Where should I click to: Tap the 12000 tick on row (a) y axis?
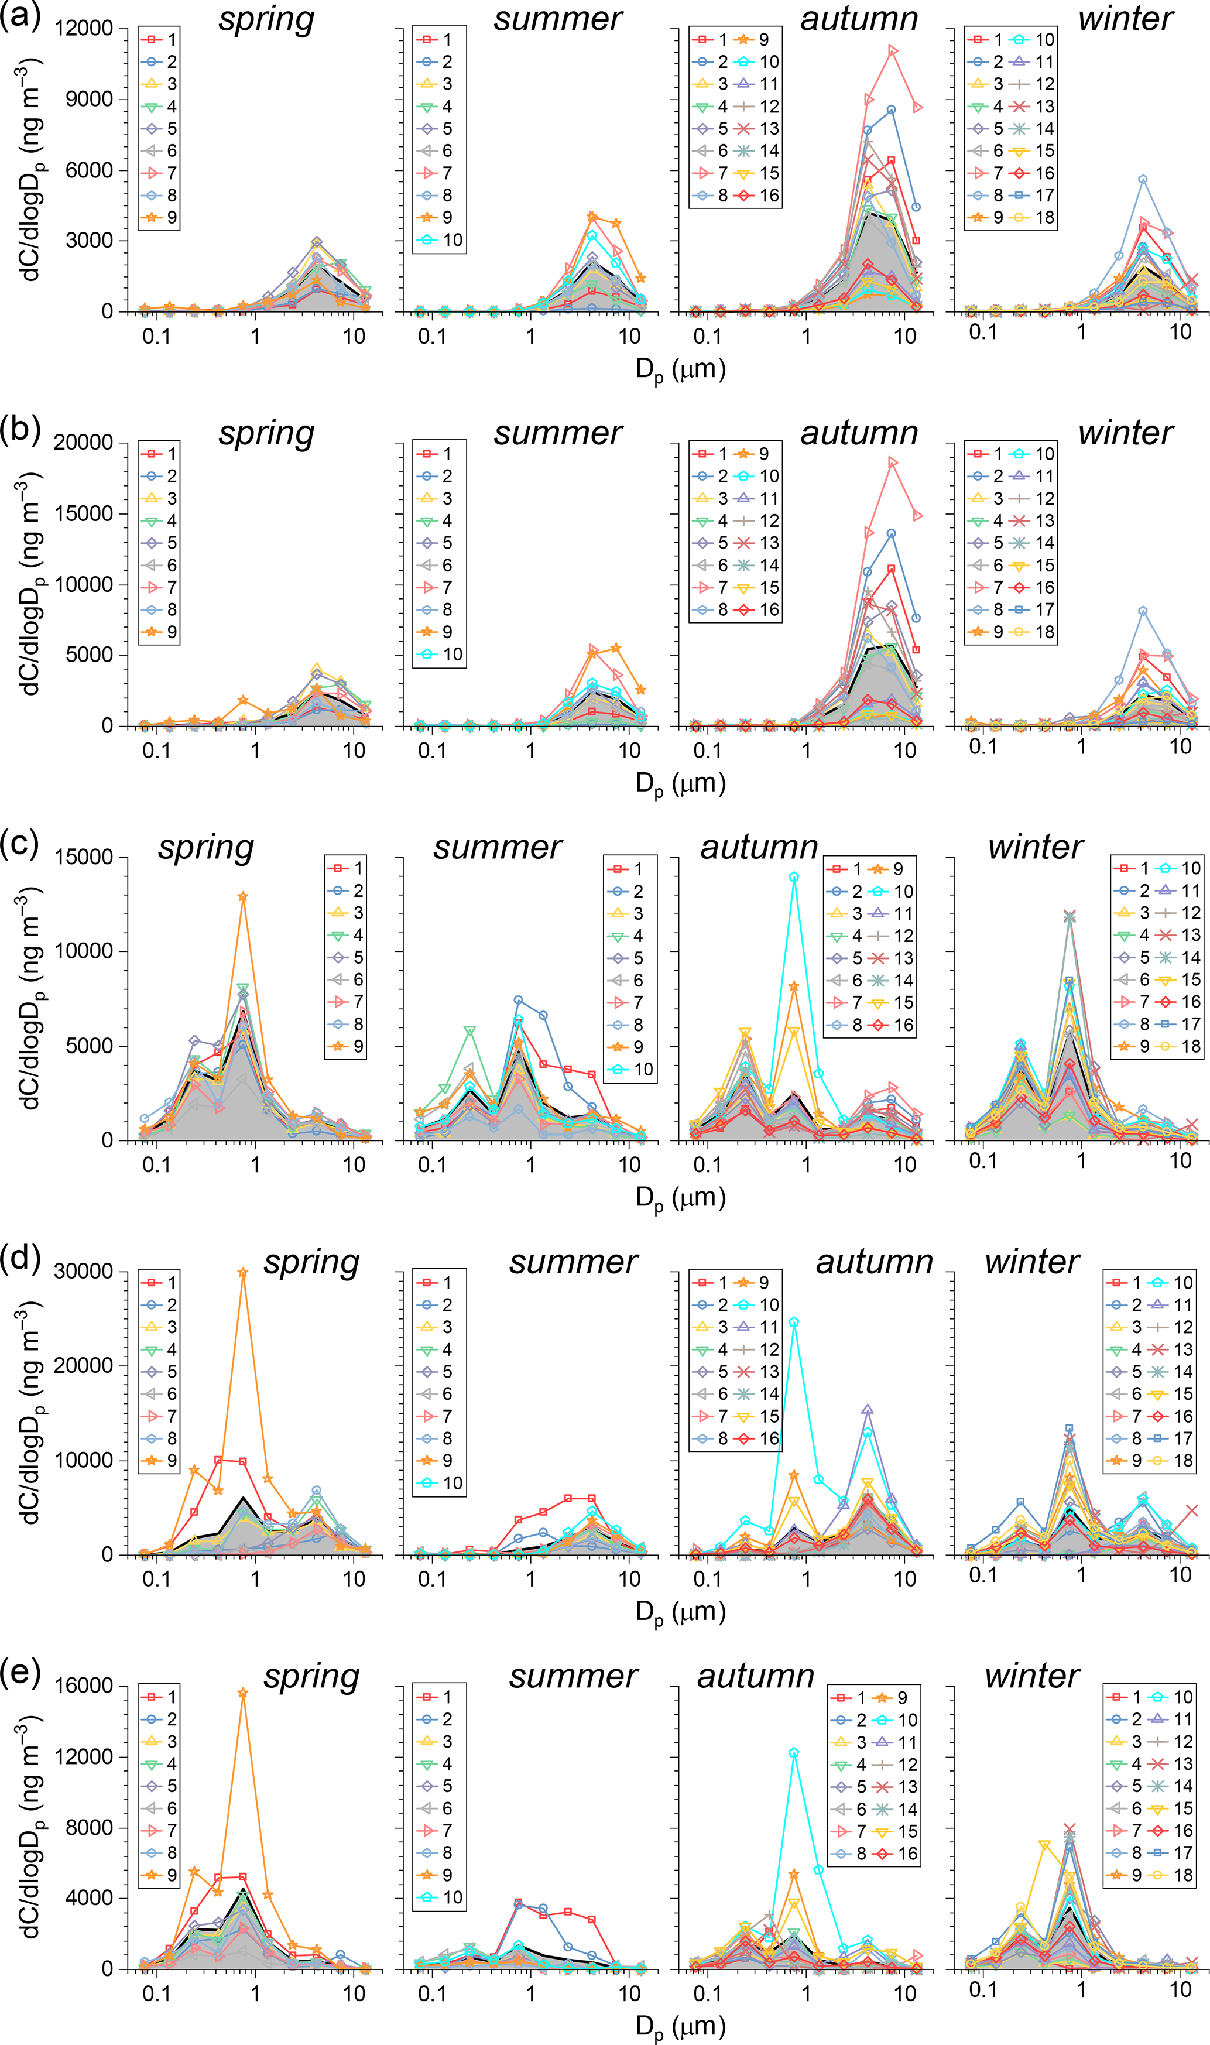pyautogui.click(x=83, y=29)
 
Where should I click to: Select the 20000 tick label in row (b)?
pyautogui.click(x=83, y=443)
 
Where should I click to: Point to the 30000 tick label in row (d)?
pyautogui.click(x=83, y=1271)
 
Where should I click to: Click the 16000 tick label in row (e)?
pyautogui.click(x=83, y=1686)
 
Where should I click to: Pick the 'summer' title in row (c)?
pyautogui.click(x=498, y=847)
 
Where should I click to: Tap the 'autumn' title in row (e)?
pyautogui.click(x=756, y=1676)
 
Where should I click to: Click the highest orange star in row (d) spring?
pyautogui.click(x=242, y=1272)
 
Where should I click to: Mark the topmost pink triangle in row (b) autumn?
pyautogui.click(x=893, y=463)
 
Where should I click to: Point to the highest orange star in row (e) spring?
pyautogui.click(x=242, y=1694)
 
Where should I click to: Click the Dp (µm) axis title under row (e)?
pyautogui.click(x=680, y=2026)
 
